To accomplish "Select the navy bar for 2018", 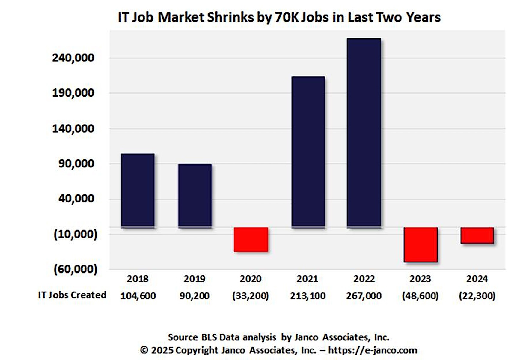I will (x=138, y=190).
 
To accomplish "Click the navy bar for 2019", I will (x=195, y=195).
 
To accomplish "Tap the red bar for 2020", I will (x=251, y=239).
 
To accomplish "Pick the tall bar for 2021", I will (x=308, y=152).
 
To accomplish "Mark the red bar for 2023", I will (x=421, y=244).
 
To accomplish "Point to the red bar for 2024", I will (x=477, y=235).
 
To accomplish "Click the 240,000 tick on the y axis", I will (x=73, y=58).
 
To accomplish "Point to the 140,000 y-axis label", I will (x=73, y=129).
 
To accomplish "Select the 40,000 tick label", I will (x=76, y=199).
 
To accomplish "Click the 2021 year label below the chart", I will (x=308, y=279).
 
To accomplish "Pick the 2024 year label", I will (x=477, y=279).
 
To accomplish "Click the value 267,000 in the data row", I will (x=364, y=296).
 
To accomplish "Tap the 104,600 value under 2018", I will (x=138, y=296).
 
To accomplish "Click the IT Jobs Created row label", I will (x=72, y=295).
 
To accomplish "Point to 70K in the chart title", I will (x=287, y=17).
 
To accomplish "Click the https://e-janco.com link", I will (x=373, y=350).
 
